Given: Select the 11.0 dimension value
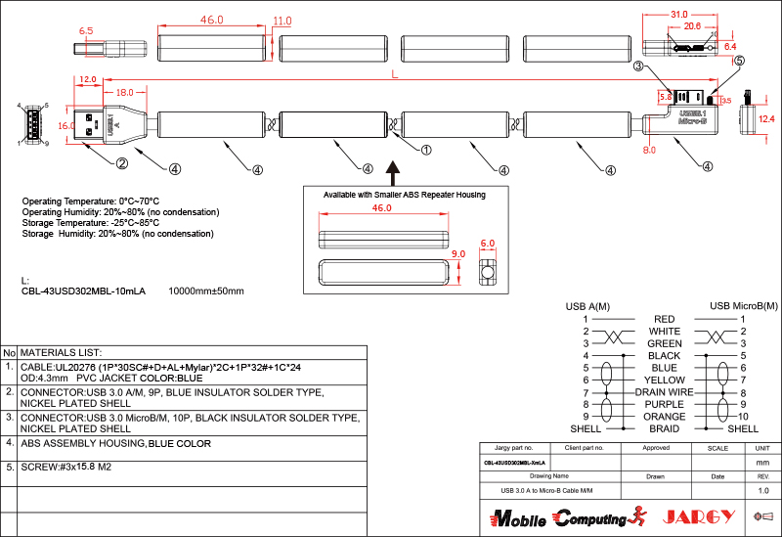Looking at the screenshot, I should pos(282,21).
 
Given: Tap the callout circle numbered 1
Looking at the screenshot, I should pos(425,151).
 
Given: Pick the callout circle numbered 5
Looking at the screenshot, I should pos(738,61).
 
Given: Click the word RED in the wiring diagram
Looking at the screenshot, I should pos(664,319).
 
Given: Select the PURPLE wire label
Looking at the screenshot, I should pos(664,404).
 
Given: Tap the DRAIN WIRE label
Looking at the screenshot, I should pos(664,391).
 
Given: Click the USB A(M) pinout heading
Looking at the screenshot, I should pos(587,306).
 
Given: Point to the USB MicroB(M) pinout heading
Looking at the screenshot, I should pos(743,306).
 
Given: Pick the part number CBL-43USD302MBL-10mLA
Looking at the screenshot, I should pos(83,291).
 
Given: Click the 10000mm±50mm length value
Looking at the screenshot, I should pos(206,291).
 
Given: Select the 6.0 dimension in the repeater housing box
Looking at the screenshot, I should pos(488,244).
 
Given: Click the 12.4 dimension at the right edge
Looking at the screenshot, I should pos(766,118).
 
